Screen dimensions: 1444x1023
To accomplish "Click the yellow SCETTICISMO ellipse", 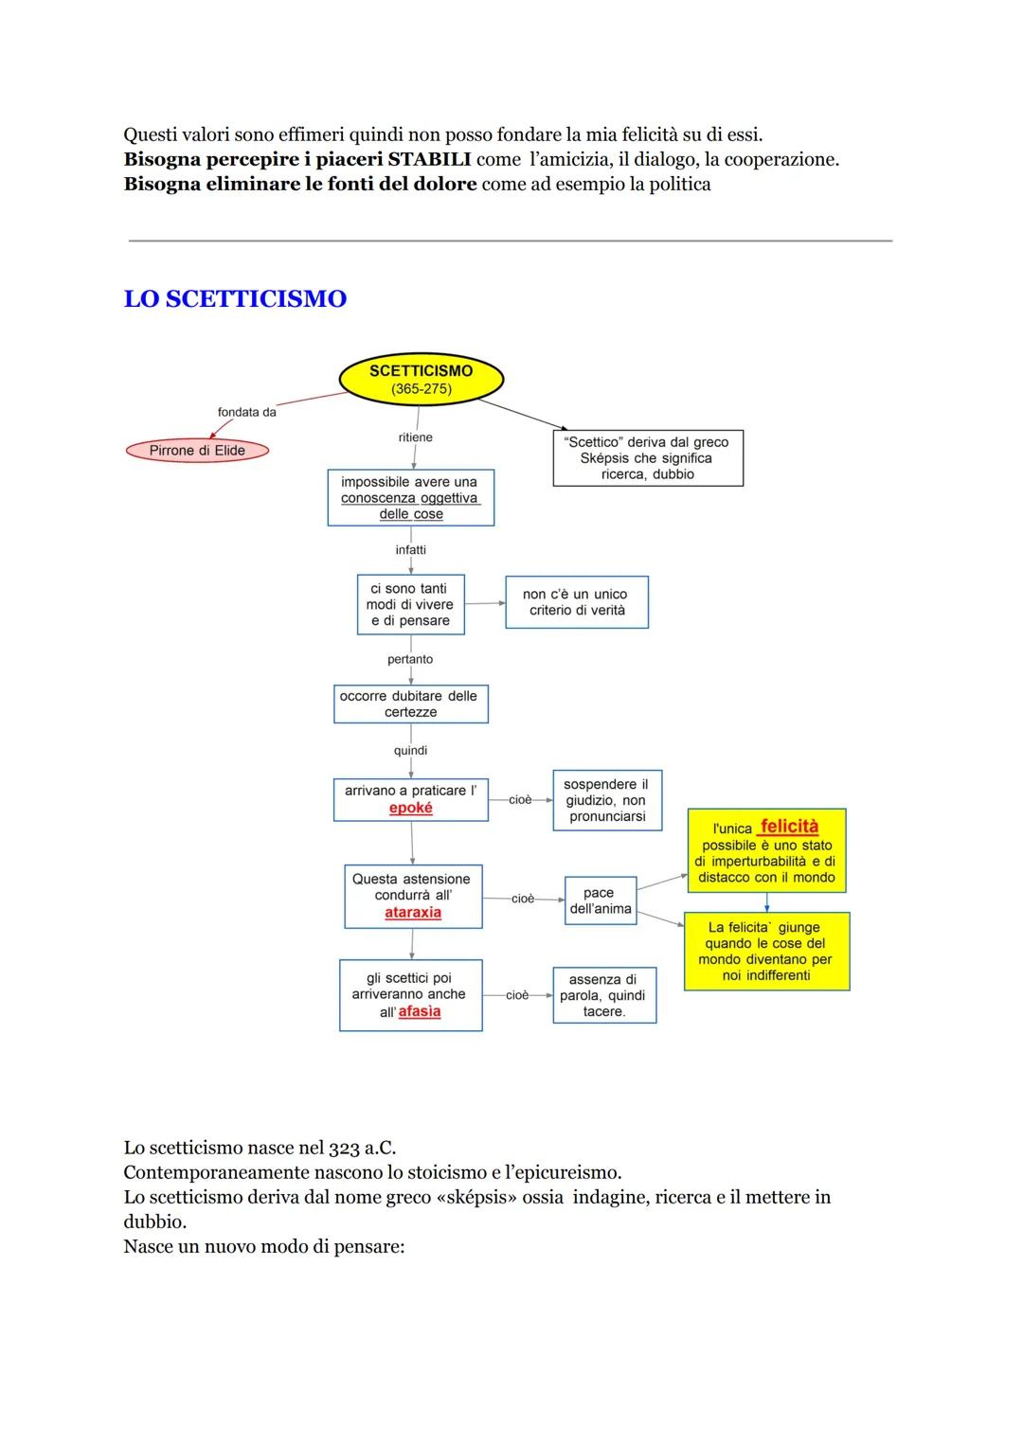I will tap(421, 379).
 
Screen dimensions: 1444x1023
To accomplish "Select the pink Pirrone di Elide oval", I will tap(197, 451).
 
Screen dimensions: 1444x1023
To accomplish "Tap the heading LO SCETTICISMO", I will tap(235, 298).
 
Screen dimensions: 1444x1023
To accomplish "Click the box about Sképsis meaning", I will tap(648, 458).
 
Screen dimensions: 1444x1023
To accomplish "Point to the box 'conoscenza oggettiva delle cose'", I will tap(410, 498).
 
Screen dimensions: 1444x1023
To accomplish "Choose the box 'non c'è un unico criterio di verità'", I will tap(577, 602).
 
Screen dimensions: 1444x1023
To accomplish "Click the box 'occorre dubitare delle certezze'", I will tap(410, 704).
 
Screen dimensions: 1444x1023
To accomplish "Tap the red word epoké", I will tap(411, 809).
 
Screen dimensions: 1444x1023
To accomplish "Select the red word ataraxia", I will tap(413, 913).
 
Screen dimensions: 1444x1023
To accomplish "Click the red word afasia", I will tap(420, 1011).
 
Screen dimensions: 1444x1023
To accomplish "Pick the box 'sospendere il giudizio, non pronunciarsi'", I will tap(607, 801).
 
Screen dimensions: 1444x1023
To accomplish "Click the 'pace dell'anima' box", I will tap(600, 900).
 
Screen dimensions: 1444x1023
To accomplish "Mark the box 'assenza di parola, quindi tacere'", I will tap(604, 995).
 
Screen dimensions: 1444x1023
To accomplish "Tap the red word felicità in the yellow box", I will tap(789, 827).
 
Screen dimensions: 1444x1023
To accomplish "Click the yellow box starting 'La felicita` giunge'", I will tap(766, 952).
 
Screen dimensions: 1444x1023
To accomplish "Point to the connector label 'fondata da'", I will tap(247, 412).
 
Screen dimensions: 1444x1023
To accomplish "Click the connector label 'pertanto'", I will tap(410, 659).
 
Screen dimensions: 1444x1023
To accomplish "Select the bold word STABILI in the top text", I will tap(429, 159).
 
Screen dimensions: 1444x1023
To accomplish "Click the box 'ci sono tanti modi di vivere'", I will tap(410, 604).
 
